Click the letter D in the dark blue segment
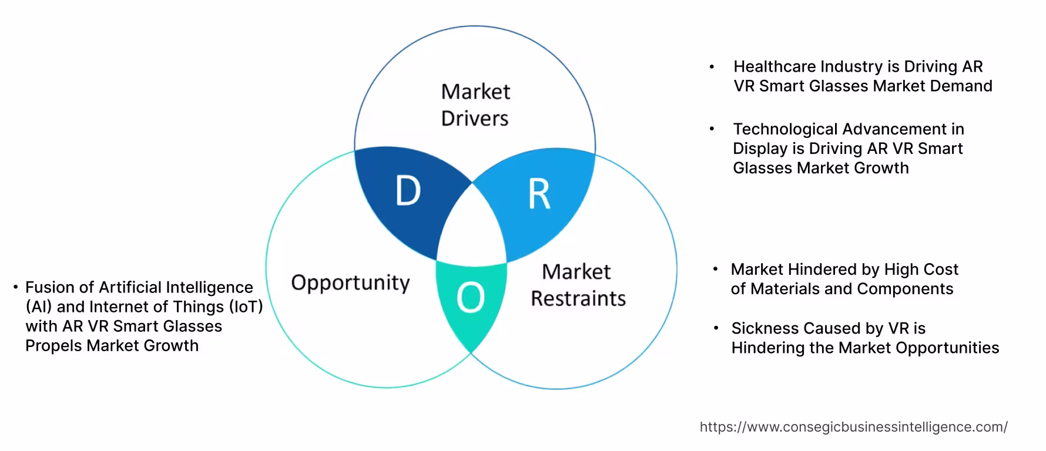[408, 191]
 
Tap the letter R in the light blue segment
[539, 194]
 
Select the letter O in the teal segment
[470, 298]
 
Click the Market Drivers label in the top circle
[475, 105]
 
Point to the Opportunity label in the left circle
[350, 282]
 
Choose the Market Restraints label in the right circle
[578, 285]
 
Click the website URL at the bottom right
[853, 427]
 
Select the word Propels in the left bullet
[53, 345]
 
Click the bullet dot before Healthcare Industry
[712, 67]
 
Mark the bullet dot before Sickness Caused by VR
[716, 328]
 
